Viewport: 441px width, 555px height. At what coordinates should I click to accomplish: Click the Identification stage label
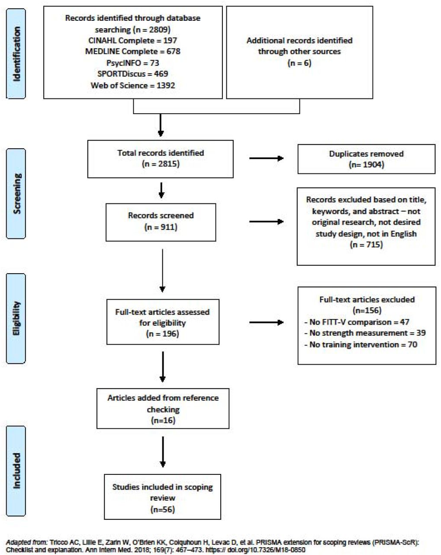click(16, 54)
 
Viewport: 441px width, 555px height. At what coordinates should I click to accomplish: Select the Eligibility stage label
click(16, 319)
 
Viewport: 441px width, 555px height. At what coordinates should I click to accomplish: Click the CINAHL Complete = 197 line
click(132, 40)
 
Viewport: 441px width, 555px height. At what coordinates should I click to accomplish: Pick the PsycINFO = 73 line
click(132, 63)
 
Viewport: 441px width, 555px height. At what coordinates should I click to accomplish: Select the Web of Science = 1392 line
click(132, 85)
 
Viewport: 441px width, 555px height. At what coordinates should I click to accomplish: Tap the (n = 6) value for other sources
click(299, 63)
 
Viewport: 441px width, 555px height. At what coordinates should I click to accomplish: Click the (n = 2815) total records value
click(161, 164)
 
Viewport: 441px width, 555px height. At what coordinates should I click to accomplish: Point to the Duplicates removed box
click(366, 159)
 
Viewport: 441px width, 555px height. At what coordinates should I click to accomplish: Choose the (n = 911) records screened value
click(161, 227)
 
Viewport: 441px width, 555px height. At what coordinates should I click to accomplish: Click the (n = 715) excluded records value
click(366, 245)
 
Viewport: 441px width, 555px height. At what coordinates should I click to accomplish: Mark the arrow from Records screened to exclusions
click(267, 222)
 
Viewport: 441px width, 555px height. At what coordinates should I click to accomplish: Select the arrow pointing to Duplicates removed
click(267, 158)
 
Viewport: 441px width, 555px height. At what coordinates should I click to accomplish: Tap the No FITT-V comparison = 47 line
click(357, 322)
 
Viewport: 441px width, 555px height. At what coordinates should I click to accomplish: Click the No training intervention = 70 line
click(361, 345)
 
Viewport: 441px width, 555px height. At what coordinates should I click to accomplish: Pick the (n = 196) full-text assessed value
click(162, 334)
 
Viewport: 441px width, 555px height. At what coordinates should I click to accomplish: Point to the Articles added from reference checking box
click(163, 408)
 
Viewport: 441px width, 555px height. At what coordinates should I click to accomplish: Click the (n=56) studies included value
click(162, 509)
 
